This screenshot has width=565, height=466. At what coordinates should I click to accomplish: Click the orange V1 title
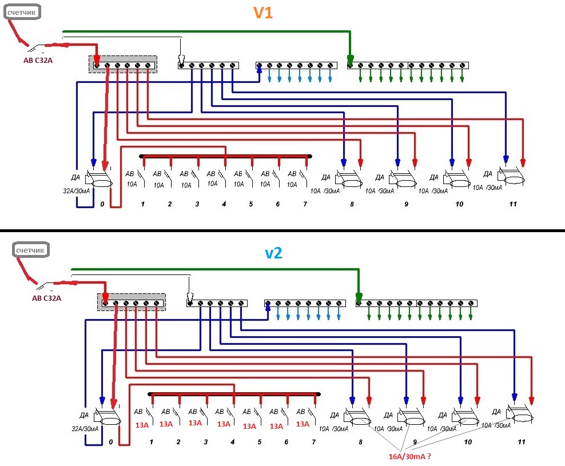tap(263, 13)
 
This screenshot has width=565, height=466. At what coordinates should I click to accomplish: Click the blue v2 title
tap(273, 253)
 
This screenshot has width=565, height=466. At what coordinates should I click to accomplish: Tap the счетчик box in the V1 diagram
tap(22, 12)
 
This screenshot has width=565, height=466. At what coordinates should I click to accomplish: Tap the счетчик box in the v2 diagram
tap(30, 250)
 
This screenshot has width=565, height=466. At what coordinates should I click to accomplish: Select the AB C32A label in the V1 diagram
tap(38, 61)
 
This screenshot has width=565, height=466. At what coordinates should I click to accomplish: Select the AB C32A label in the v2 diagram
tap(46, 298)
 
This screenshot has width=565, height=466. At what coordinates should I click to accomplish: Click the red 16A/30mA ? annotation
tap(409, 456)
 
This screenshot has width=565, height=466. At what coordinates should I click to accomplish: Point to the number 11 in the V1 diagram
tap(513, 204)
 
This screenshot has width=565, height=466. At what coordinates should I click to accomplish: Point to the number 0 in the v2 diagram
tap(110, 442)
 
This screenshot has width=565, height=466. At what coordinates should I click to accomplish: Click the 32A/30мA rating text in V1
tap(77, 191)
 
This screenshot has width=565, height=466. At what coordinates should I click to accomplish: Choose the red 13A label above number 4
tap(224, 424)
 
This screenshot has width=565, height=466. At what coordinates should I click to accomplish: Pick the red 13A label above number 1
tap(142, 425)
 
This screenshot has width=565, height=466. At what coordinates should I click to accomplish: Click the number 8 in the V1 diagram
tap(352, 204)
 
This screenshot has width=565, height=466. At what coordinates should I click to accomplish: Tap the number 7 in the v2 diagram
tap(313, 442)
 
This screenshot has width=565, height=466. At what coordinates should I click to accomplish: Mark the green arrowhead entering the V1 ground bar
tap(350, 59)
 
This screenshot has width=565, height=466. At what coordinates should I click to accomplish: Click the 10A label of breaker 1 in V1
tap(132, 184)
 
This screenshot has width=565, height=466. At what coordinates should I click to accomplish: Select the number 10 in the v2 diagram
tap(468, 442)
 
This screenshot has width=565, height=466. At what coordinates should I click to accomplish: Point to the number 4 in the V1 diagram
tap(224, 204)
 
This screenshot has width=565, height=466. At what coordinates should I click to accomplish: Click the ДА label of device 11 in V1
tap(488, 174)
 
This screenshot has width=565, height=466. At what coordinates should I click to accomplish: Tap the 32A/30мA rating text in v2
tap(85, 429)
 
